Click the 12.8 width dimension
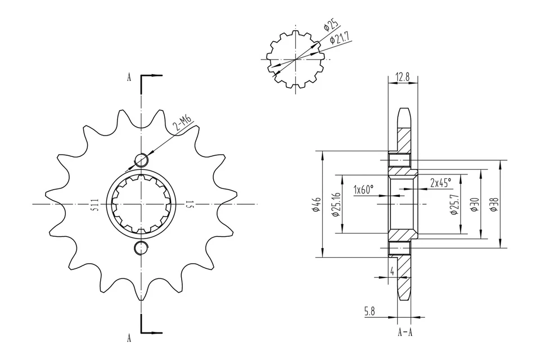[403, 76]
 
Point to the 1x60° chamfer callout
[363, 190]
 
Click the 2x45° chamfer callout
[440, 183]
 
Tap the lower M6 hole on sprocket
[141, 247]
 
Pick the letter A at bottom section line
[129, 338]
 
